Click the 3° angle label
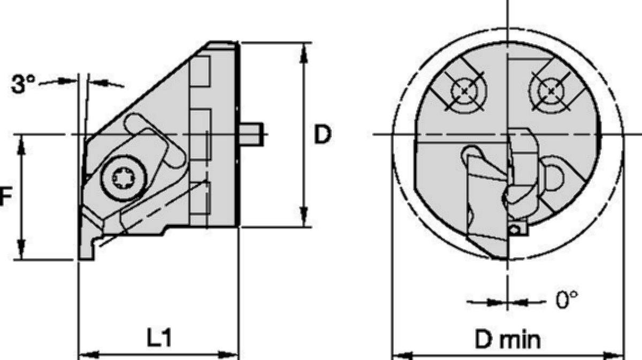(23, 84)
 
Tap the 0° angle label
(567, 300)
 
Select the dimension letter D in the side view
(323, 134)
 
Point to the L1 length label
(159, 338)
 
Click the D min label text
(508, 339)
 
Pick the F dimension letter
(5, 196)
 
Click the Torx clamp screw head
(123, 178)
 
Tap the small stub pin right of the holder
(251, 134)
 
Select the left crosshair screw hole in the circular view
(464, 91)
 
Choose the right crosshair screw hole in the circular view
(551, 91)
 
